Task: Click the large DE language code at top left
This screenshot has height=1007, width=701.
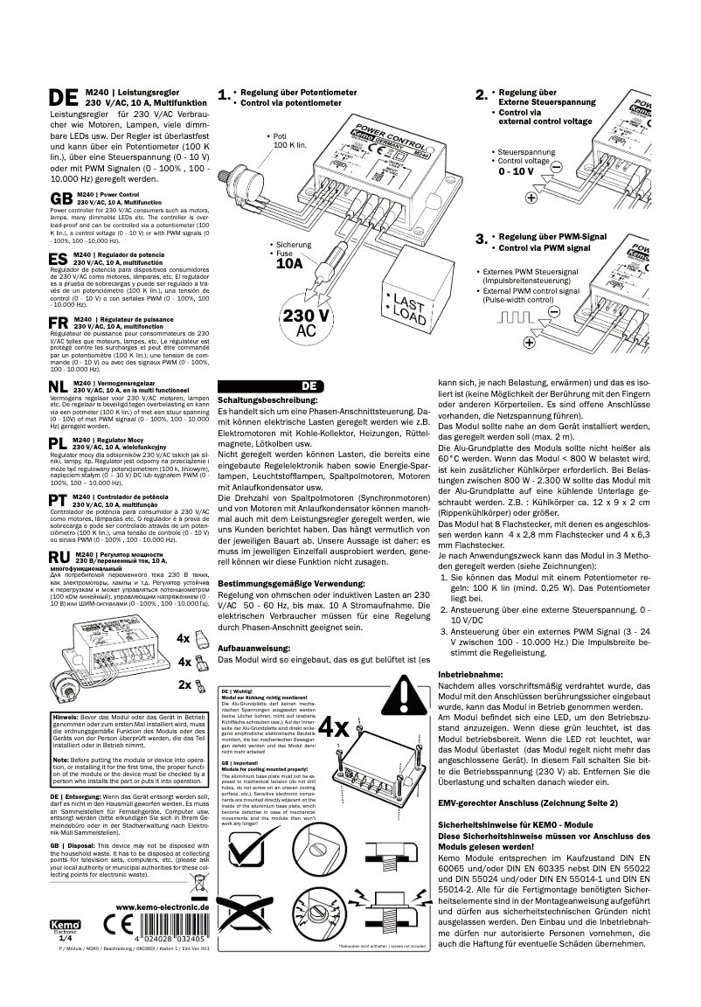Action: [66, 97]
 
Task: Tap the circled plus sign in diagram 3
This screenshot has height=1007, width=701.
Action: [530, 342]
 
